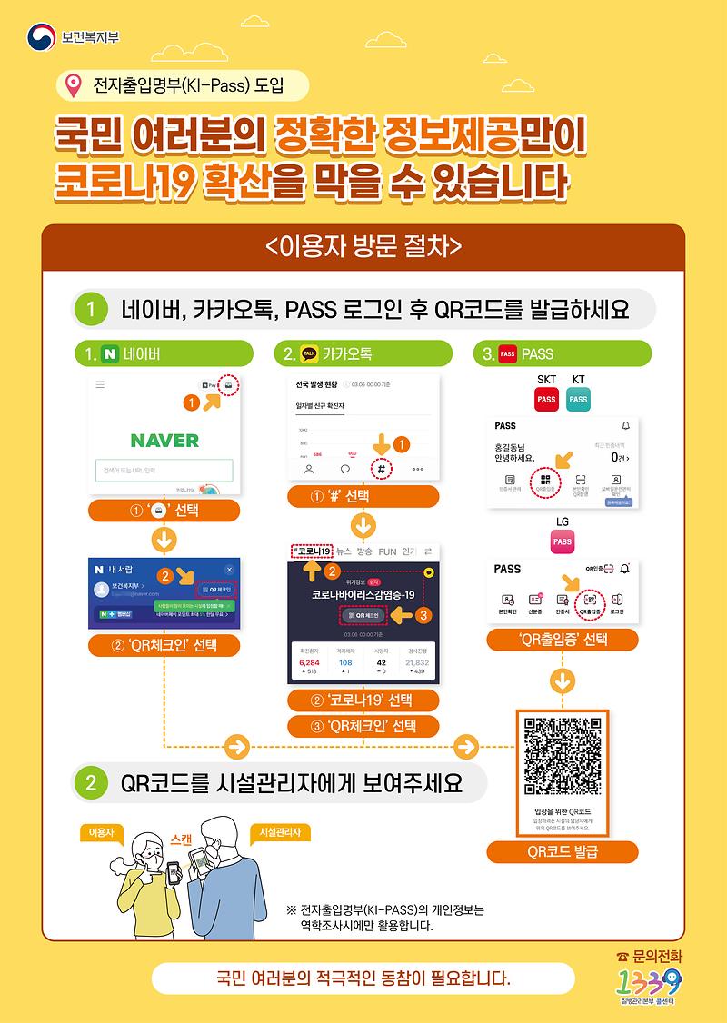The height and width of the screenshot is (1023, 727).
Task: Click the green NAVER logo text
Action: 164,441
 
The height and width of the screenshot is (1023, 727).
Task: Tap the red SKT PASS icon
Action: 546,399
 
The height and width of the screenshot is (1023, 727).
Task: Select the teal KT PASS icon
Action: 578,399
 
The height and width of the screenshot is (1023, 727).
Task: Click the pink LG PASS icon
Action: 563,541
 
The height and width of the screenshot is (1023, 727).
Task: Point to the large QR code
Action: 563,756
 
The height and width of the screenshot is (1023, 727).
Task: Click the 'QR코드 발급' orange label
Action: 563,852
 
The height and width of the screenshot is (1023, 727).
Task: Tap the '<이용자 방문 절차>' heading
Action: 363,247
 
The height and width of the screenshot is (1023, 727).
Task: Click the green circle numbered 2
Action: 91,782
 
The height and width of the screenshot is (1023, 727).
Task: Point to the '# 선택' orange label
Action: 363,497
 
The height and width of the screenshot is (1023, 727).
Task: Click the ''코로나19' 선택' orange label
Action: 363,700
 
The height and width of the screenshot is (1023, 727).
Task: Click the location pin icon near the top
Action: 74,87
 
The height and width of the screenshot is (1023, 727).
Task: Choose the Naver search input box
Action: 164,471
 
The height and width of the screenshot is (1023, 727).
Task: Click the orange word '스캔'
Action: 181,841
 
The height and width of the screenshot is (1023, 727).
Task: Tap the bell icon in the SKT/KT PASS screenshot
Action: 625,425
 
